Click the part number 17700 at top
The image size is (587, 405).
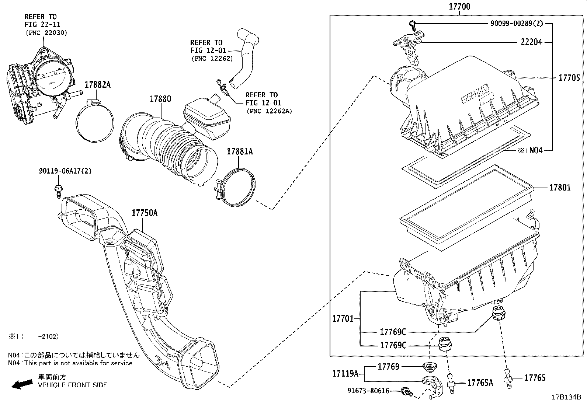click(459, 7)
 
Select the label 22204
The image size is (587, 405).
click(531, 42)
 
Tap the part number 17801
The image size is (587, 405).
click(560, 188)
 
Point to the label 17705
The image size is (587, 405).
click(569, 78)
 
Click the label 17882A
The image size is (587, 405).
click(97, 85)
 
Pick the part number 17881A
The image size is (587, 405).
click(240, 151)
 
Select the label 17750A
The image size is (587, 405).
click(145, 213)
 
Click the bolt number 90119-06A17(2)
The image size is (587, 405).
click(65, 171)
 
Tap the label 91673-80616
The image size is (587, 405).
click(368, 391)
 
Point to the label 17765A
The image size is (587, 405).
click(480, 383)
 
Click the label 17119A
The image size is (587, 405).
click(345, 374)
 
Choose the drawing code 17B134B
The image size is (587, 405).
click(566, 397)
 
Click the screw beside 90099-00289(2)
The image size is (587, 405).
click(412, 25)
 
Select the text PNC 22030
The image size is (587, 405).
click(46, 33)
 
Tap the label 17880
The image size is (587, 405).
click(160, 99)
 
